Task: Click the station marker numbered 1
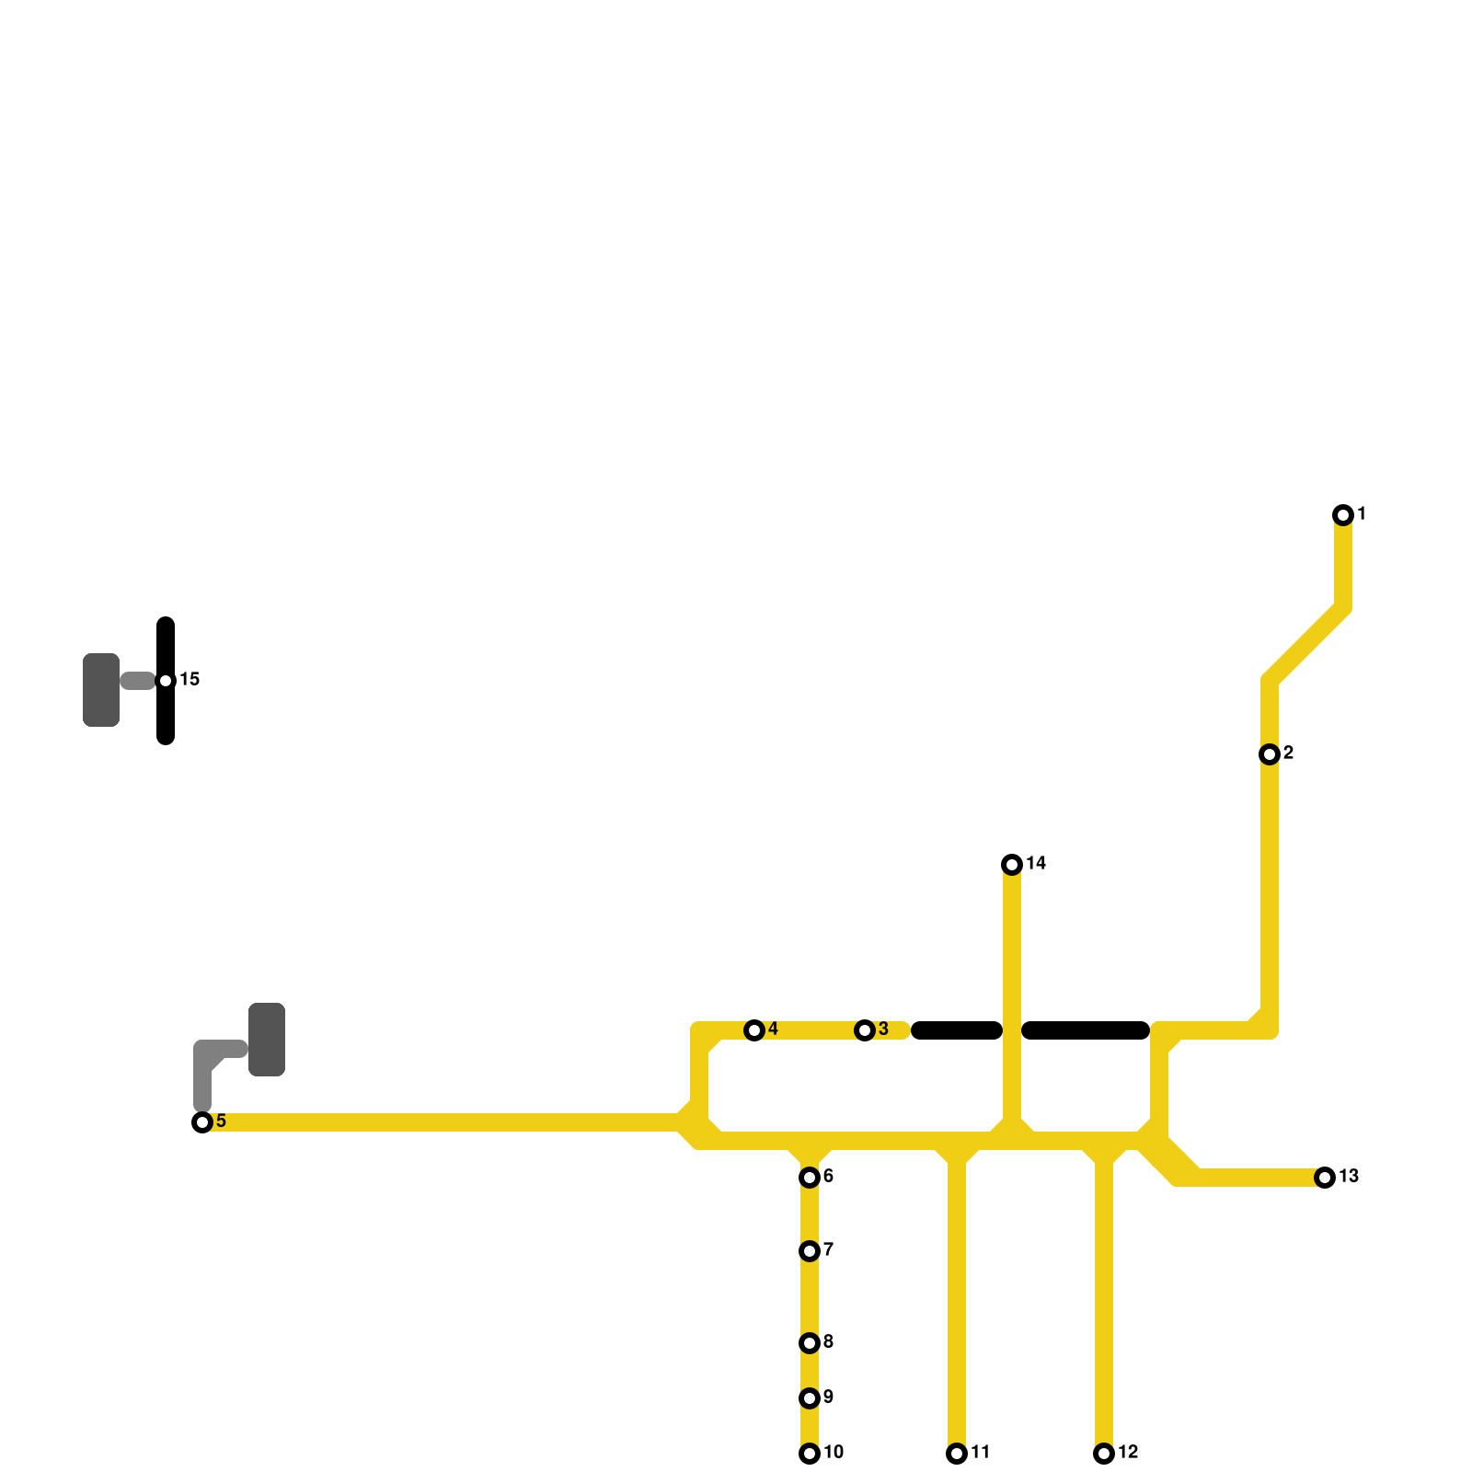[1343, 515]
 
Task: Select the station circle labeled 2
[1270, 754]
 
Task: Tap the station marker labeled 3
[865, 1030]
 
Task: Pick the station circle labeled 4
[754, 1030]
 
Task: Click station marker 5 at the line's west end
[202, 1122]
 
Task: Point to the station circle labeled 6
[810, 1178]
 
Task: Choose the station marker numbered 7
[810, 1251]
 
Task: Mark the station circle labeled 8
[810, 1343]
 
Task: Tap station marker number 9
[810, 1398]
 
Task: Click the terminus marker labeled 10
[810, 1454]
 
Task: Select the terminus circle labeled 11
[957, 1454]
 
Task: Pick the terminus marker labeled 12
[1104, 1454]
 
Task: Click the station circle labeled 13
[1325, 1178]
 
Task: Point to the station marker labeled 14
[1012, 865]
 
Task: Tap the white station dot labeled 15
[166, 681]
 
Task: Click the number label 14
[1037, 863]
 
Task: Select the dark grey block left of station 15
[101, 690]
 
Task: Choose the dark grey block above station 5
[267, 1040]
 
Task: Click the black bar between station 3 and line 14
[957, 1030]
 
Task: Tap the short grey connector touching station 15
[138, 681]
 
